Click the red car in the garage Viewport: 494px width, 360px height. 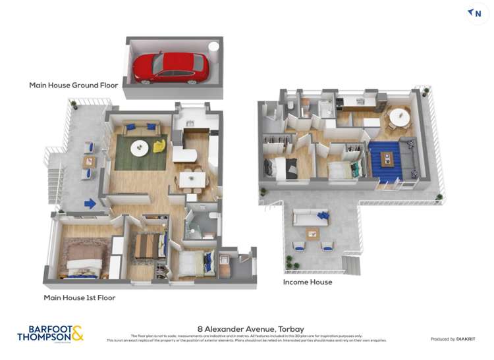coord(171,66)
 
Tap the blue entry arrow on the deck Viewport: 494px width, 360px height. coord(90,204)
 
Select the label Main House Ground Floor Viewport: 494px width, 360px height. coord(73,85)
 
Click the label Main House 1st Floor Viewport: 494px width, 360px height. coord(79,297)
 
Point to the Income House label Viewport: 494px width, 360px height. coord(307,282)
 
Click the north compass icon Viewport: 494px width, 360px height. coord(474,13)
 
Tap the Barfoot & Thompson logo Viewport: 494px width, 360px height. coord(50,333)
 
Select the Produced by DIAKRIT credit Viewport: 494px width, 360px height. coord(454,339)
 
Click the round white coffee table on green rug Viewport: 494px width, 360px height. coord(139,148)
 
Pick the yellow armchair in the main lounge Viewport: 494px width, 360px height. coord(159,146)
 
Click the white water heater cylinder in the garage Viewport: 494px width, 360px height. coord(213,47)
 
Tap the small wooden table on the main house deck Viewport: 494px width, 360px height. coord(88,161)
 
